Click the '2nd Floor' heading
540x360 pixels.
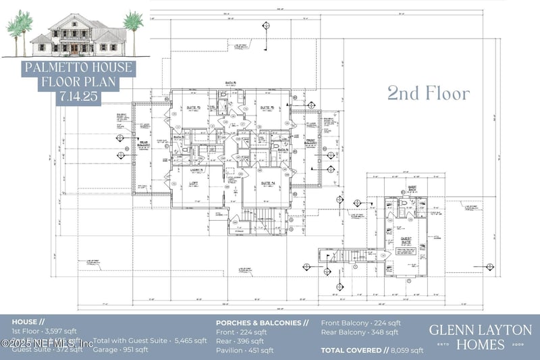pos(428,94)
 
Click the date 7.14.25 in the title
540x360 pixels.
pos(80,97)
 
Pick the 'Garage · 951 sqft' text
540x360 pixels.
pos(122,350)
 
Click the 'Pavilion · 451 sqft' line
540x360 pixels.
pos(244,350)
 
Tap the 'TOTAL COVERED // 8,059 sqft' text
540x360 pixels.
pos(372,350)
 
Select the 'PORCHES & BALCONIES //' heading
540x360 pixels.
pos(262,323)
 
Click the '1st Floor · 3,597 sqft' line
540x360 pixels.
pos(44,332)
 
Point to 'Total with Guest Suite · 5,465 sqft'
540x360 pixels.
pos(150,340)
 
